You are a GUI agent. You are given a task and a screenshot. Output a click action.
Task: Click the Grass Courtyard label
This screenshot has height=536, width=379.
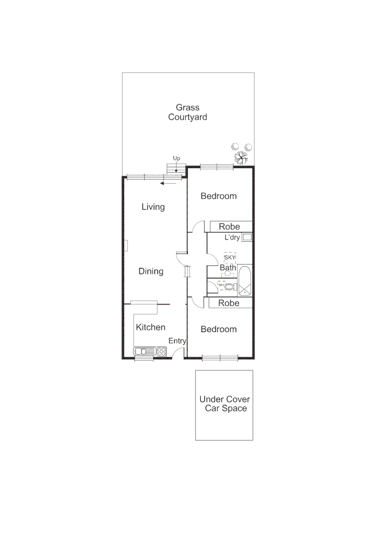tap(188, 112)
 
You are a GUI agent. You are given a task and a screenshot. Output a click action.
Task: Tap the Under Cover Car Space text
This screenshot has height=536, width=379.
tap(225, 403)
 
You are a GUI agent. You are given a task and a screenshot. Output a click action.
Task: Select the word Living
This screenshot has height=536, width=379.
tap(153, 207)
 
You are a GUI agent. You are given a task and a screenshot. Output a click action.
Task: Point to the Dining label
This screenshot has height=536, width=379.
tap(151, 271)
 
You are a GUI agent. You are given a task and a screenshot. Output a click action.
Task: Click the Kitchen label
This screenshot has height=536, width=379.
tap(150, 328)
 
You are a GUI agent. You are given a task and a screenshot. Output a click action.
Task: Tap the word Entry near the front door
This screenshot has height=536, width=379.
tap(177, 341)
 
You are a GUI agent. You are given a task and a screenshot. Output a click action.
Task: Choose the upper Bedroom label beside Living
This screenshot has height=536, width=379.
tap(218, 196)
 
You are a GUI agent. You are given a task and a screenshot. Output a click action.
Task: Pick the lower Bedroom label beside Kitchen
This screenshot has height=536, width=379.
tap(218, 329)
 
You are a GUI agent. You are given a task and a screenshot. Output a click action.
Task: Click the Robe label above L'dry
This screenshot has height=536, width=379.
tap(229, 227)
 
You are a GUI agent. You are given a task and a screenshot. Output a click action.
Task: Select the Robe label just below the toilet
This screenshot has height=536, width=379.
tap(229, 303)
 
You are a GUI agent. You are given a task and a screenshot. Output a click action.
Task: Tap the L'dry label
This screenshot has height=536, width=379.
tap(232, 238)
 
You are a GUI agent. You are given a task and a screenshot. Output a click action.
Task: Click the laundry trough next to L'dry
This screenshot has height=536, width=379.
tap(247, 237)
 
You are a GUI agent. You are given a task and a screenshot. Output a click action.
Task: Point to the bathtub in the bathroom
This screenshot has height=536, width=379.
tap(245, 281)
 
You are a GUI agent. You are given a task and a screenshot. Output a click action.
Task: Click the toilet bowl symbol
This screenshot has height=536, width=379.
tap(229, 287)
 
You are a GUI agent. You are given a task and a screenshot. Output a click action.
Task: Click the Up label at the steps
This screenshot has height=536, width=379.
tap(176, 158)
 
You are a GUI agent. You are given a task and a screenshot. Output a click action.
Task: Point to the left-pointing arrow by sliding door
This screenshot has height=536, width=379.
tap(168, 183)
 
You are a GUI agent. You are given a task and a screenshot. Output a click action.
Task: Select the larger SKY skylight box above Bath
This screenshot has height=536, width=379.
tap(229, 258)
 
